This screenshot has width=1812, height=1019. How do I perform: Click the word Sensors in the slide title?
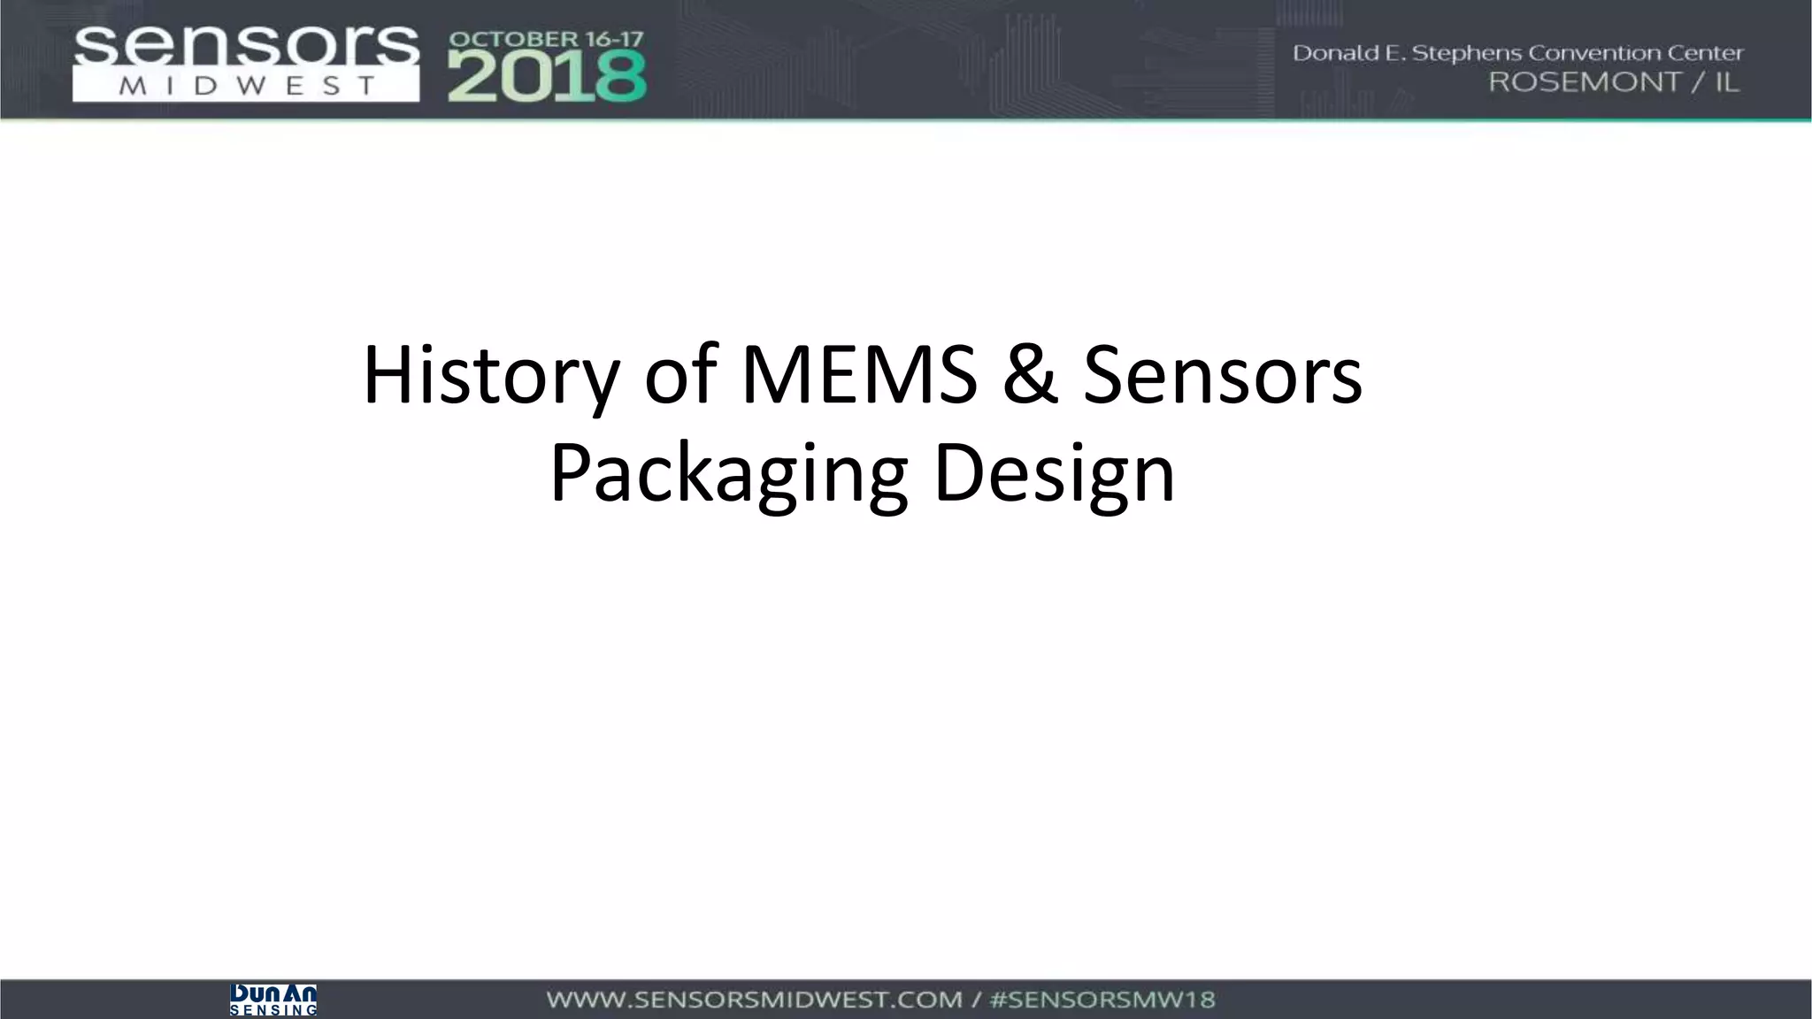point(1222,376)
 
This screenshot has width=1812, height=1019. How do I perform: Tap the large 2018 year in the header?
point(547,76)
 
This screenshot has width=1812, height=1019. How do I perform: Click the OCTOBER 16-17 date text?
point(546,40)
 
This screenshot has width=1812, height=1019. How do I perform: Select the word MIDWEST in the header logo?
point(245,87)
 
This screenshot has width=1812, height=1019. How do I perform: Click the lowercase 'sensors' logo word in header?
point(245,46)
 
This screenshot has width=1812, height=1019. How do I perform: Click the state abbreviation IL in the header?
point(1726,82)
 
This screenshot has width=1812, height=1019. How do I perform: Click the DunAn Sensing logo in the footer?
point(273,1000)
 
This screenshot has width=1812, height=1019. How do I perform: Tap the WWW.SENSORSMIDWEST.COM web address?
point(754,1000)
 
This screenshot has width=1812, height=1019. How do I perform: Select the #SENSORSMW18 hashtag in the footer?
point(1102,1000)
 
